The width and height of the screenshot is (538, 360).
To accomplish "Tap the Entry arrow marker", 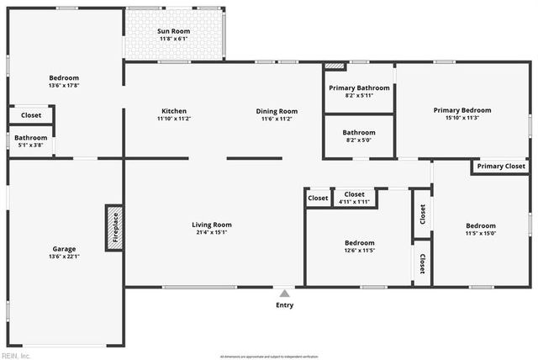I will (x=285, y=294).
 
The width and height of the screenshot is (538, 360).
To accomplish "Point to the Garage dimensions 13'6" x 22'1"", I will (x=65, y=257).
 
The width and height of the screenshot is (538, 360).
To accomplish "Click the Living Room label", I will (x=212, y=225).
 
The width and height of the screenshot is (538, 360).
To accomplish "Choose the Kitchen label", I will (x=174, y=111).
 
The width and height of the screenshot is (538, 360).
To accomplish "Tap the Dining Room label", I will (x=277, y=111).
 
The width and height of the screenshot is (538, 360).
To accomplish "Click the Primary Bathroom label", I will (x=359, y=87).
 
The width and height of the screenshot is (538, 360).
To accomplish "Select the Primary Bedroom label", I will (x=462, y=110).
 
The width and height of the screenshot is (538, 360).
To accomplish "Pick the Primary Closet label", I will (x=501, y=167).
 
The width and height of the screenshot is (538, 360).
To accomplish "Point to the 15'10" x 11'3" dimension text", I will (x=462, y=119).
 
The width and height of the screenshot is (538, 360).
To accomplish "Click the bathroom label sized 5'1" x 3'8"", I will (x=30, y=138).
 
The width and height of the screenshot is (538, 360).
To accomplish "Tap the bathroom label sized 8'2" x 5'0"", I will (x=359, y=133).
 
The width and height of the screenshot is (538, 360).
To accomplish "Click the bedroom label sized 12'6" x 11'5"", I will (x=359, y=242).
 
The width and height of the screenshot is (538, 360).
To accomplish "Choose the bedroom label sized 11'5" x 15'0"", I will (x=481, y=225).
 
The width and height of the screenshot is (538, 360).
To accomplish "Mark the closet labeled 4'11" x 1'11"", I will (x=355, y=194).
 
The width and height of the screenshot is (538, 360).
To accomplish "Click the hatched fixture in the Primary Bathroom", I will (x=335, y=65).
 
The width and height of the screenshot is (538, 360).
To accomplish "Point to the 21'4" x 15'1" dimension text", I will (x=212, y=233).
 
